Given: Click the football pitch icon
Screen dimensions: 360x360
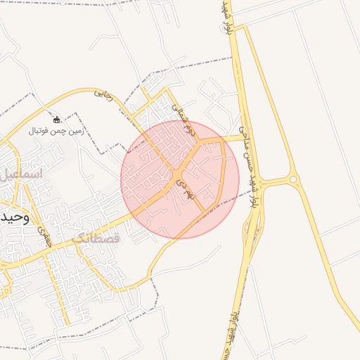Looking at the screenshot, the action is pyautogui.click(x=57, y=120).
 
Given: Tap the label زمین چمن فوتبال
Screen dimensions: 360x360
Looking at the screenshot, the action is pyautogui.click(x=57, y=131).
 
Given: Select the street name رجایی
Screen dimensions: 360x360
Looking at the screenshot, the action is pyautogui.click(x=103, y=94).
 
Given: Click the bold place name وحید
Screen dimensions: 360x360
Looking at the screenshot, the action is pyautogui.click(x=15, y=217).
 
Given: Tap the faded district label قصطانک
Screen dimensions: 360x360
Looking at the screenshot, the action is pyautogui.click(x=96, y=238).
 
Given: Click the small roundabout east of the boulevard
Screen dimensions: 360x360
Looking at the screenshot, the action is pyautogui.click(x=293, y=180).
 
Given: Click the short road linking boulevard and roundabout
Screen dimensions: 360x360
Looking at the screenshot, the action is pyautogui.click(x=271, y=182).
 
